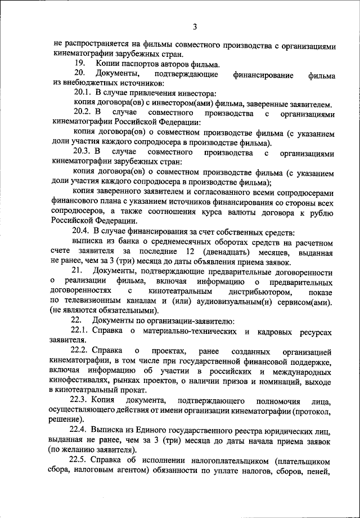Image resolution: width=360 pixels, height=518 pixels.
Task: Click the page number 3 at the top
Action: pyautogui.click(x=195, y=26)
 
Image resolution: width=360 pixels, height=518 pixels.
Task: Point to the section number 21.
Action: pyautogui.click(x=78, y=272)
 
